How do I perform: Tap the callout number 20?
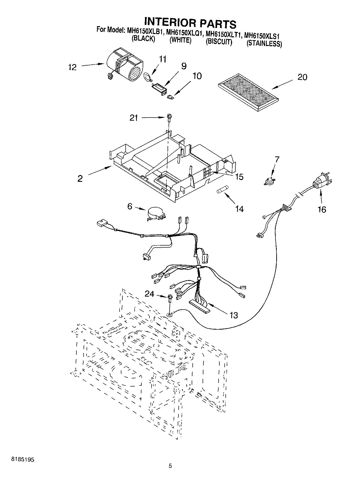[x=302, y=77]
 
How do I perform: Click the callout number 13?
[x=234, y=315]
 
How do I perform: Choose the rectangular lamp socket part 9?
[x=158, y=89]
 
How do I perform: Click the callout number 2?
[x=80, y=179]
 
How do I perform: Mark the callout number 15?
[x=239, y=176]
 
